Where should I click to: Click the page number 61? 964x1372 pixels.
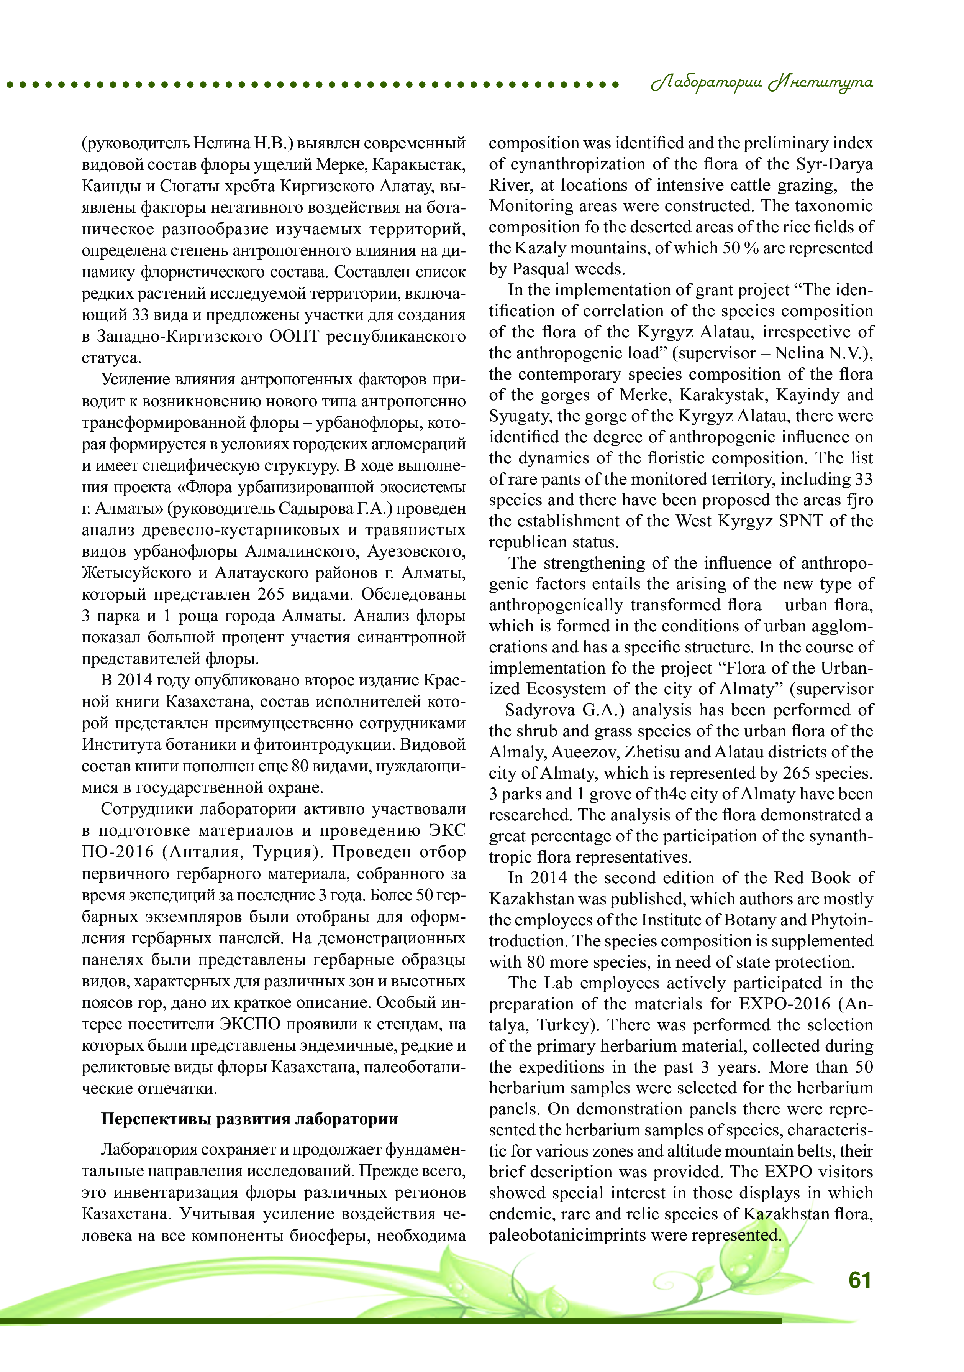(x=859, y=1280)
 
